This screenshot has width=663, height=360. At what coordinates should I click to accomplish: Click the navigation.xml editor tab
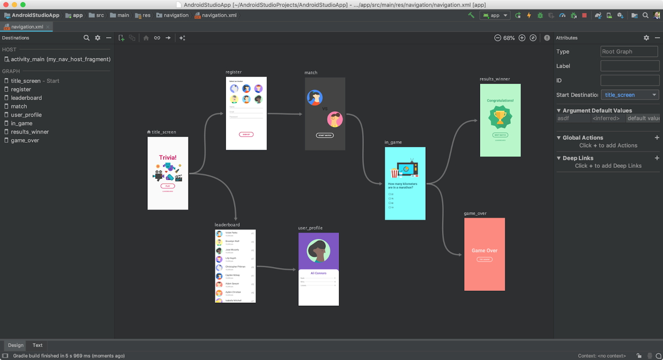point(27,26)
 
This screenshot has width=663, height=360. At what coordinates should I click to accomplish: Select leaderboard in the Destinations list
point(26,98)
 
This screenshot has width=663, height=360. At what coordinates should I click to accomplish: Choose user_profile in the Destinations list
point(26,115)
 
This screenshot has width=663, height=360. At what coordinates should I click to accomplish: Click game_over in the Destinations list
point(25,140)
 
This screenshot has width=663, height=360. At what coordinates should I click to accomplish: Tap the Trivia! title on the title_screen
point(168,157)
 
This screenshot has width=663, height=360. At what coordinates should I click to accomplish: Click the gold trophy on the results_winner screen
point(500,118)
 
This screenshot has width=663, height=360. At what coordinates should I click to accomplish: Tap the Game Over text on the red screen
point(484,251)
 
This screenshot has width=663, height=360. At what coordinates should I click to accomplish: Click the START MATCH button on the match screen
point(325,136)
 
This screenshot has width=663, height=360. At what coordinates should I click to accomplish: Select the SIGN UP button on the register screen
point(246,135)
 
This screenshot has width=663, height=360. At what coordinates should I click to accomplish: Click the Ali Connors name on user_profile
point(319,273)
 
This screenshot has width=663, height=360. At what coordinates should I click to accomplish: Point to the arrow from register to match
point(285,114)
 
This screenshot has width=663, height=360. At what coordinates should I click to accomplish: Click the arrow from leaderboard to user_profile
point(277,268)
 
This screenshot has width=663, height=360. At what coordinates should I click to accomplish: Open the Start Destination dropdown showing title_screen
point(629,95)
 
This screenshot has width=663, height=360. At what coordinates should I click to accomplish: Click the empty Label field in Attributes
point(629,66)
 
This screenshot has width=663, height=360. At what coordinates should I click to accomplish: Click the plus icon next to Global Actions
point(657,138)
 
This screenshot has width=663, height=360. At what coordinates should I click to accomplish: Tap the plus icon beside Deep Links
point(657,158)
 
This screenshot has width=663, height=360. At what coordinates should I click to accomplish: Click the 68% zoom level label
point(509,38)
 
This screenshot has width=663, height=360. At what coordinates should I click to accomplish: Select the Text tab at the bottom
point(37,345)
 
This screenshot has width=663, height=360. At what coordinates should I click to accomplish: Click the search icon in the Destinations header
point(87,38)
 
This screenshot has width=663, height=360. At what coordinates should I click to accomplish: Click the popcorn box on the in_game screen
point(394,173)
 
